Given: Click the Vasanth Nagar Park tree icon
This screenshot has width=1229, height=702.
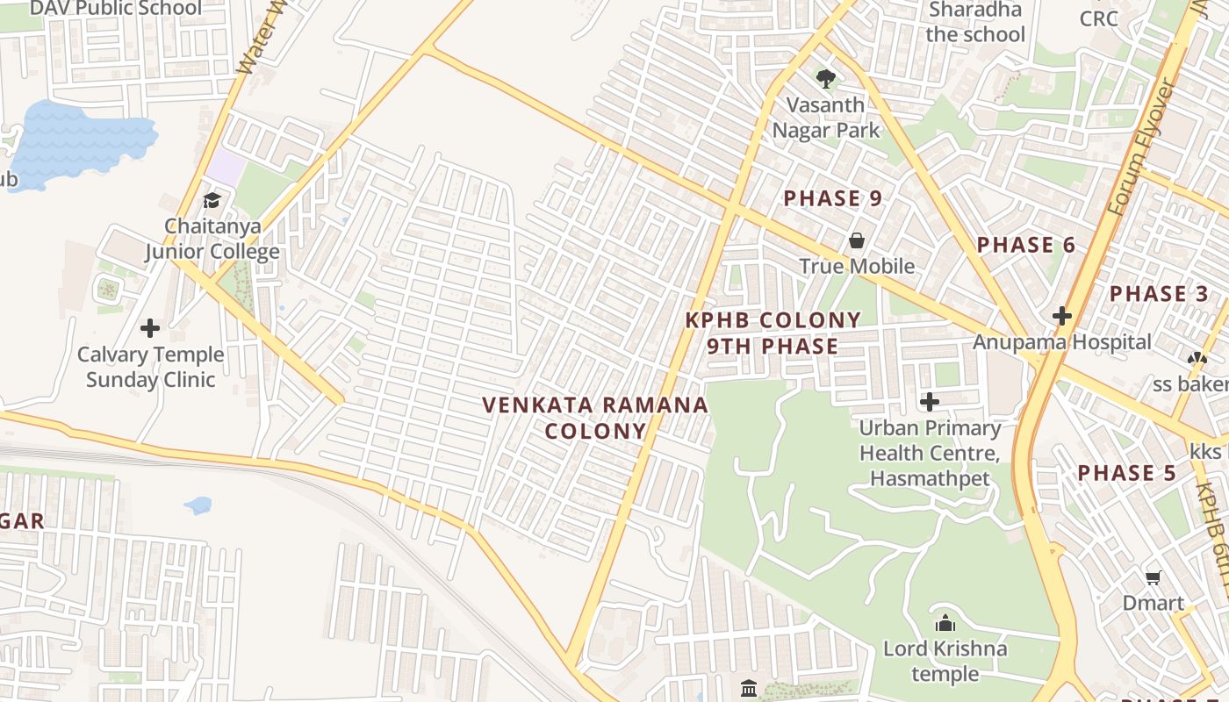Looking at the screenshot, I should tap(825, 79).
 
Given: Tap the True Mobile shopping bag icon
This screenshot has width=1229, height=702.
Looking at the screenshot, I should tap(856, 240).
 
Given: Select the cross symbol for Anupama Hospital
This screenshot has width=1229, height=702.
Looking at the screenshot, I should tap(1062, 315).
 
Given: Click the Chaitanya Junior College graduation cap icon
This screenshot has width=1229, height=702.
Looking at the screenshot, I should tap(212, 200).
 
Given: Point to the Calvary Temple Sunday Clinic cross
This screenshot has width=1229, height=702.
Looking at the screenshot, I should tap(150, 328).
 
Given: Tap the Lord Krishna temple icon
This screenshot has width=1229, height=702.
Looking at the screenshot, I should tap(945, 623).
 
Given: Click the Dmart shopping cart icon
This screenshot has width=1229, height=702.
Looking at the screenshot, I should tap(1154, 577).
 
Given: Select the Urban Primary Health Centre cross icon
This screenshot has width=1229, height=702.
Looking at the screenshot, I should tap(929, 402).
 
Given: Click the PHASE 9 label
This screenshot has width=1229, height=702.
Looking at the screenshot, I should tap(832, 198).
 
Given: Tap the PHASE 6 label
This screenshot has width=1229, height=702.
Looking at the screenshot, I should tap(1025, 245).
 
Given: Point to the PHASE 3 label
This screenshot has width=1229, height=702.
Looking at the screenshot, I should tap(1159, 294).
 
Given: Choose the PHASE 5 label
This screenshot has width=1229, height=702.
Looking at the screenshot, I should tap(1126, 473).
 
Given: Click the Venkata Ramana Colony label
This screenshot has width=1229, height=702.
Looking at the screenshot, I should tap(595, 418).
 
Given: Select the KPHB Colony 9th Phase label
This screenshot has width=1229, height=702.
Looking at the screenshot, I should tap(773, 333).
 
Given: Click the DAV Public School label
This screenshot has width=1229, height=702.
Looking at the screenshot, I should tap(115, 9).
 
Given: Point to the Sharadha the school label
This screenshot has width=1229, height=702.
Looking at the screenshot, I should tap(974, 22).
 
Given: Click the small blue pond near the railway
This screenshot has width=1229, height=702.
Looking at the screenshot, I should tap(198, 505).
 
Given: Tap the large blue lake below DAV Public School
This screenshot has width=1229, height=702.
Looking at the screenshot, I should tap(83, 140).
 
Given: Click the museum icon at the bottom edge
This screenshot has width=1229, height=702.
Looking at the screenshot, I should tap(748, 687).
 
